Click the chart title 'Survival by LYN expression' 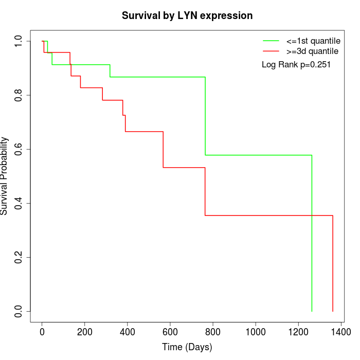pos(187,16)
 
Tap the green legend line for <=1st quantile pos(271,41)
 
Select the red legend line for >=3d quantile pos(271,51)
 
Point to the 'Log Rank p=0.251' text pos(296,64)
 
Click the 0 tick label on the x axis pos(42,332)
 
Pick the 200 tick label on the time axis pos(85,332)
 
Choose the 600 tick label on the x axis pos(170,332)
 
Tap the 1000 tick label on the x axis pos(256,332)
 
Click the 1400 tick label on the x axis pos(341,332)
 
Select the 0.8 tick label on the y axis pos(18,95)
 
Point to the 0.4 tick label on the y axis pos(18,204)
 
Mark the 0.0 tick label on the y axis pos(18,311)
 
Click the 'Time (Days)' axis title pos(187,347)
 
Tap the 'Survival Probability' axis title pos(4,176)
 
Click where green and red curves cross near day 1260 pos(312,215)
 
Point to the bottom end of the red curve pos(333,311)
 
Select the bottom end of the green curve pos(312,311)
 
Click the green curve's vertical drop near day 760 pos(205,116)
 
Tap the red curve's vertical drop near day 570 pos(163,150)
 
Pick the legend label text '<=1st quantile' pos(313,41)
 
